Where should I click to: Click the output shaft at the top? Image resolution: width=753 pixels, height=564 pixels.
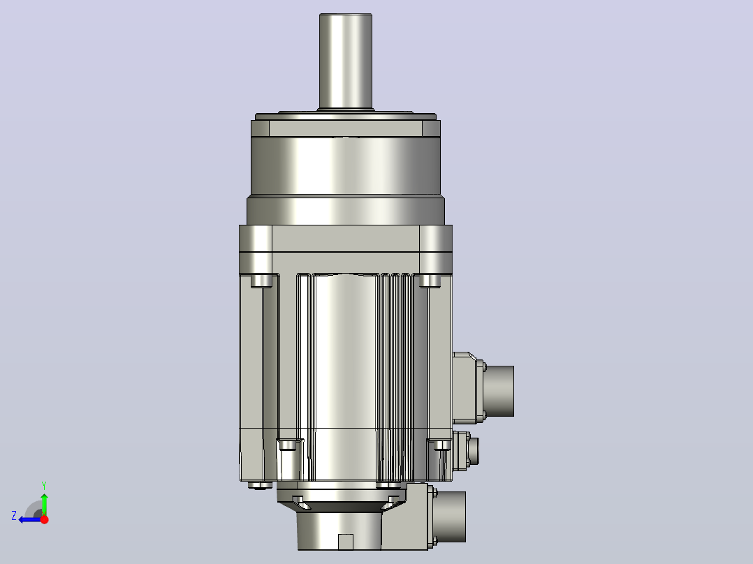pyautogui.click(x=346, y=61)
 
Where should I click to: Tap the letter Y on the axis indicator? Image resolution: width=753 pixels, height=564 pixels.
pyautogui.click(x=44, y=485)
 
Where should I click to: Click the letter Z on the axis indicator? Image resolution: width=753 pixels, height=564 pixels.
pyautogui.click(x=14, y=516)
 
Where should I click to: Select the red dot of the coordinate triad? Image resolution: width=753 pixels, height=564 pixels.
pyautogui.click(x=44, y=519)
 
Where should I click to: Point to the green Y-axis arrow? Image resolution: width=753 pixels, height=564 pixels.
pyautogui.click(x=44, y=503)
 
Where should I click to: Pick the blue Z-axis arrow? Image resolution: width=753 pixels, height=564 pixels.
pyautogui.click(x=30, y=519)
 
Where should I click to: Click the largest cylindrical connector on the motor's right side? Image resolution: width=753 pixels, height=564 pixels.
pyautogui.click(x=499, y=391)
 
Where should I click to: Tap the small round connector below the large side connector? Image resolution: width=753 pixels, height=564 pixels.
pyautogui.click(x=473, y=451)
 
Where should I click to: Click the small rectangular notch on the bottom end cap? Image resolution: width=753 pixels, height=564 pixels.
pyautogui.click(x=346, y=542)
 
